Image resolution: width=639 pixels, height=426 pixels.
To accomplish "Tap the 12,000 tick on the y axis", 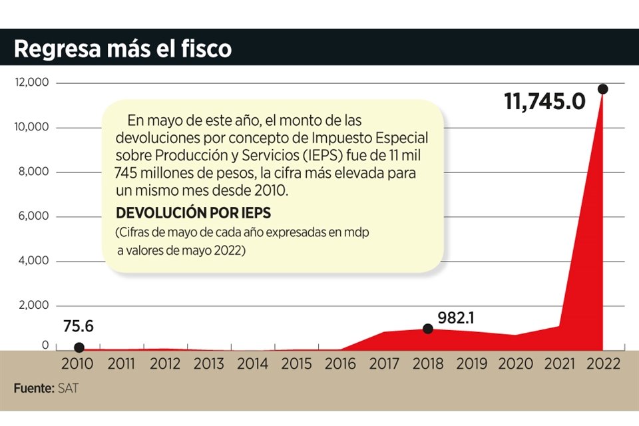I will coord(31,83).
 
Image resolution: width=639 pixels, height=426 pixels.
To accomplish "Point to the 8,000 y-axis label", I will coord(34,172).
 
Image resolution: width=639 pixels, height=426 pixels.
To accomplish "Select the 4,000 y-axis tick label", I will coord(34,260).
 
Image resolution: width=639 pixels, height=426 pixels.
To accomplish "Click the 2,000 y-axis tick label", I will coord(34,305).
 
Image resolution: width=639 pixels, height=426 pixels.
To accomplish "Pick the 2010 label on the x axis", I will coord(78,364).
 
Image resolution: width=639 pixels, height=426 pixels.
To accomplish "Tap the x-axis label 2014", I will coord(253,364).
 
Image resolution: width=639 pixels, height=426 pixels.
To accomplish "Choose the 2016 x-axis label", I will coord(341,364).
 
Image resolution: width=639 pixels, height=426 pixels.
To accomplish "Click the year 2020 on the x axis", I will coord(515,364).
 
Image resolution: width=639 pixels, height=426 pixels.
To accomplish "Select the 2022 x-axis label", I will coord(602,364).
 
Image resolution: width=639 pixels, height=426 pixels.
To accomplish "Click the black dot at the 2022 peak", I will coord(602,89).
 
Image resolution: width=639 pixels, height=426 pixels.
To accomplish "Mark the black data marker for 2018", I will coord(428,328).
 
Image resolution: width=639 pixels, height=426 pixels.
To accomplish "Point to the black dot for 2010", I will coord(79,347).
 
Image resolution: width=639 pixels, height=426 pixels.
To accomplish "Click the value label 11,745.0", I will coord(544,102).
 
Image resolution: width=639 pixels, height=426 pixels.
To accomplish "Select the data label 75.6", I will coord(78,326).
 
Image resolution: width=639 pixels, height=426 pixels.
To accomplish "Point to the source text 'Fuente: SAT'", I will coord(45,388).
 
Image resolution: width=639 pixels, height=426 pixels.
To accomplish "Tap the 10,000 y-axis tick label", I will coord(31,127).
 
